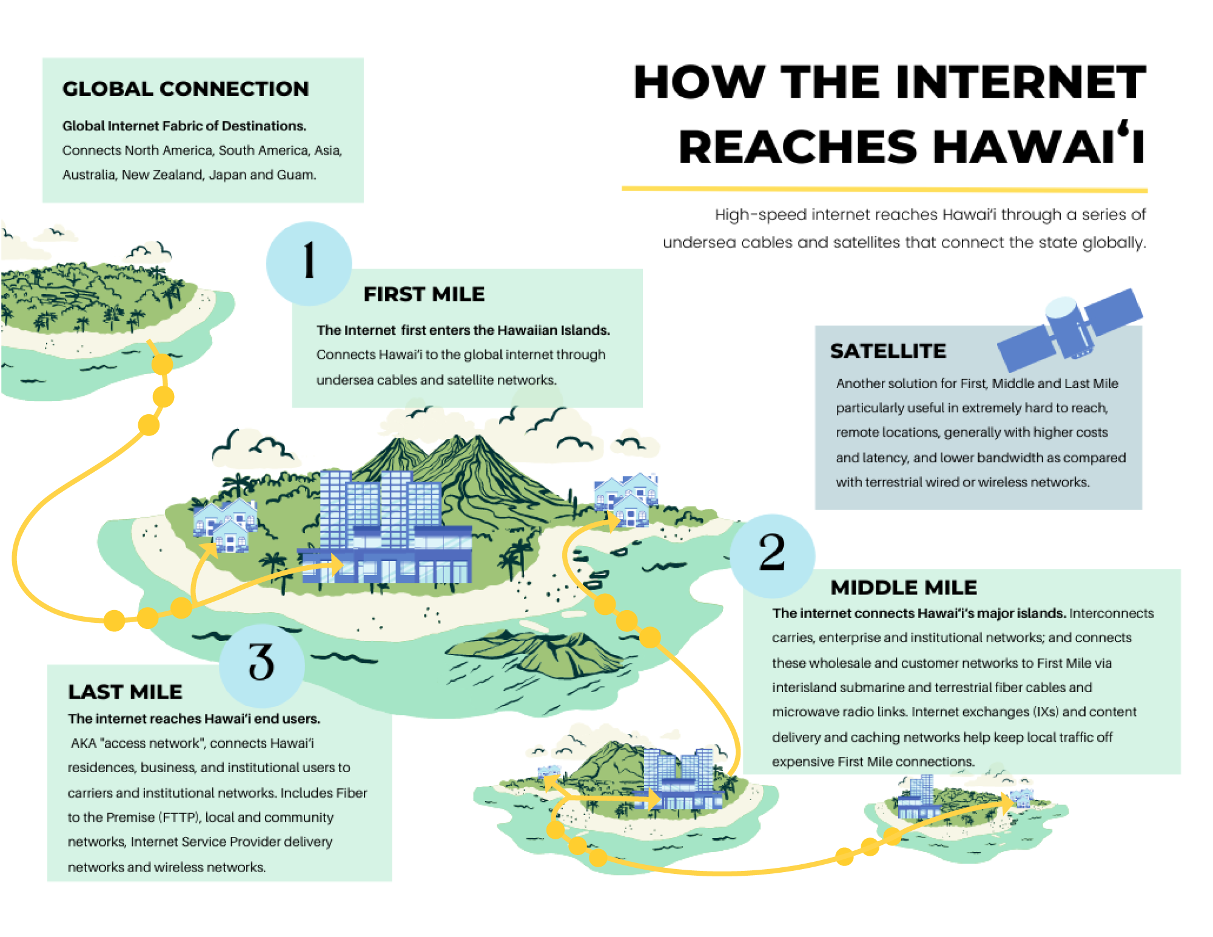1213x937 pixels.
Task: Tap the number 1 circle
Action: point(309,263)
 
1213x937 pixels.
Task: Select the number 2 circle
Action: point(772,555)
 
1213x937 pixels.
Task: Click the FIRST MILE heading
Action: point(424,294)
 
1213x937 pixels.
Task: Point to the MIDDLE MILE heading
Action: point(904,587)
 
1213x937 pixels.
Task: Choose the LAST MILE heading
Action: point(125,692)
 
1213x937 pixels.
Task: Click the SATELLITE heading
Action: point(888,351)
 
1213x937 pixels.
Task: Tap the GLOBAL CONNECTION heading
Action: point(186,89)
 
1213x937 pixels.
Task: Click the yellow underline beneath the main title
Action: point(884,189)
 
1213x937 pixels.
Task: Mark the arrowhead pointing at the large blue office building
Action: point(335,564)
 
